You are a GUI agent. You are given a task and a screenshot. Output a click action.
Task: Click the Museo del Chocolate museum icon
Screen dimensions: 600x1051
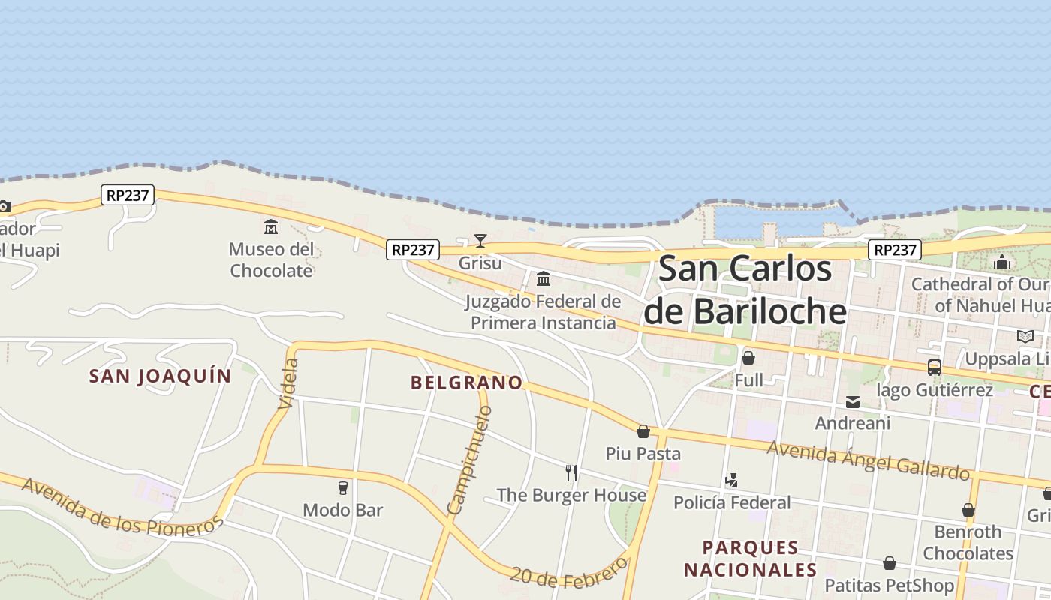[x=270, y=226]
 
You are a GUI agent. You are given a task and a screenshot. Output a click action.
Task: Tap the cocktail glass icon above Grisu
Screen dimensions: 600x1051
[x=480, y=241]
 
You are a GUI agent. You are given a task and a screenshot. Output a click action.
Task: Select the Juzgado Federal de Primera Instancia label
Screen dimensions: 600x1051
[x=543, y=312]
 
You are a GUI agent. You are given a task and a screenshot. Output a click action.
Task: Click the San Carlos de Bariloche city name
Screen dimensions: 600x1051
[x=745, y=290]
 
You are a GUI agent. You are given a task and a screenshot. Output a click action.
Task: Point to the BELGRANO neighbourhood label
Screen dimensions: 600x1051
[x=466, y=382]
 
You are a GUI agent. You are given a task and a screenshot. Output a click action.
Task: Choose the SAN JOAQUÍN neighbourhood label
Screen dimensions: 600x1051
[x=160, y=376]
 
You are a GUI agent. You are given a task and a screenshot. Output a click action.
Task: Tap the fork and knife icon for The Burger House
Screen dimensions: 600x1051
[x=571, y=472]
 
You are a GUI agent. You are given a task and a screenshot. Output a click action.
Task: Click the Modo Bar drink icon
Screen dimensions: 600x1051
[x=343, y=488]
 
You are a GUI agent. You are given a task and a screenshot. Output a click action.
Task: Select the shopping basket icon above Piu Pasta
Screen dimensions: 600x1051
[x=643, y=431]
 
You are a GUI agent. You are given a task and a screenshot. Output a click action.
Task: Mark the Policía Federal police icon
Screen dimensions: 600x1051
[x=731, y=481]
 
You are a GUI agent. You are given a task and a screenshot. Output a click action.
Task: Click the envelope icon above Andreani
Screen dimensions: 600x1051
[x=853, y=402]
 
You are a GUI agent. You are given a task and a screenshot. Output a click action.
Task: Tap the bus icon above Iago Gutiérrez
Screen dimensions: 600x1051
[x=935, y=367]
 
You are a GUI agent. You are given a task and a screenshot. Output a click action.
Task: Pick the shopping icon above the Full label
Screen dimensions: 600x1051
[x=748, y=358]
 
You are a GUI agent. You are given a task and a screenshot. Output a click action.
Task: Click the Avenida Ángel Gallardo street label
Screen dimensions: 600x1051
[x=868, y=459]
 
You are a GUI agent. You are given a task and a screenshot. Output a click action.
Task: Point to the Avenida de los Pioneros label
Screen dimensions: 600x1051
[x=122, y=506]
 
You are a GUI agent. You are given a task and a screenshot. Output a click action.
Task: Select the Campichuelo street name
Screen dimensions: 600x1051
[x=470, y=460]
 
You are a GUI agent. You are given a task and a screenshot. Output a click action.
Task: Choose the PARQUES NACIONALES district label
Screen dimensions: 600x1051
[x=749, y=558]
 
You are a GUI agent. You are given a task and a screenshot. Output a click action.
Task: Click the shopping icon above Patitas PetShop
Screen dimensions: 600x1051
[x=890, y=563]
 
